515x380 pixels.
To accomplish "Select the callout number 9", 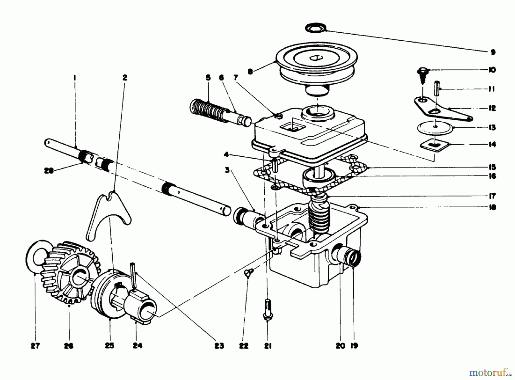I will (493, 52).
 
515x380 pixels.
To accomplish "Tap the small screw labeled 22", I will (247, 272).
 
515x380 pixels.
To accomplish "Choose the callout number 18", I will (492, 207).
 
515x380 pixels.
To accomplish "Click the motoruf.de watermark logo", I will (490, 373).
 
